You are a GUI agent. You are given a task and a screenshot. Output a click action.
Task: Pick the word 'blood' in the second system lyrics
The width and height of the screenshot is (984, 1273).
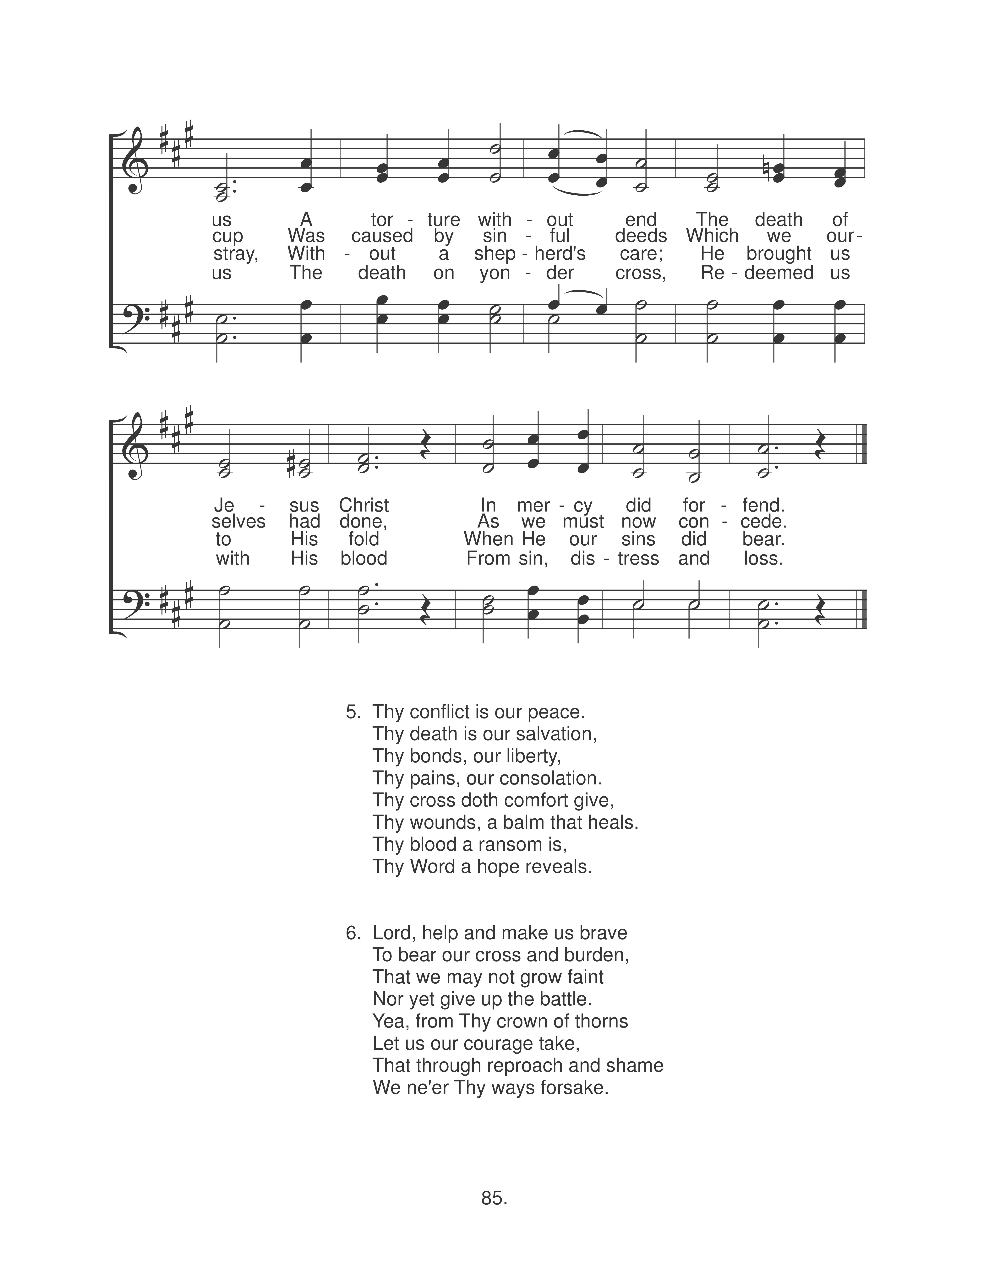click(364, 558)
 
